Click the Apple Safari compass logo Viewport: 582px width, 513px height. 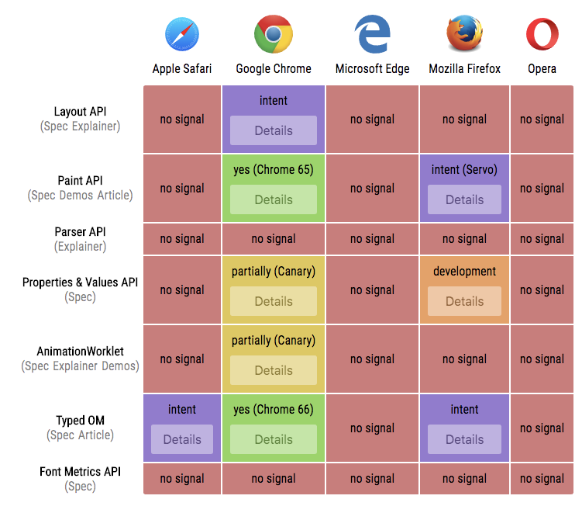pyautogui.click(x=182, y=35)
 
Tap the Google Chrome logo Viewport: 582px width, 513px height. pyautogui.click(x=273, y=34)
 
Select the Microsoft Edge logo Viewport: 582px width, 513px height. pyautogui.click(x=372, y=35)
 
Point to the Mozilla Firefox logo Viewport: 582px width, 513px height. pyautogui.click(x=464, y=34)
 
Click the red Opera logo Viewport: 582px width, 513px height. pyautogui.click(x=542, y=35)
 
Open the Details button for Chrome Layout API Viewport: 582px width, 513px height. pyautogui.click(x=274, y=130)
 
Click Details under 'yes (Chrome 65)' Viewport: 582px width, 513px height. pyautogui.click(x=274, y=199)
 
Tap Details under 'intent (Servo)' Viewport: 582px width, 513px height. pyautogui.click(x=464, y=199)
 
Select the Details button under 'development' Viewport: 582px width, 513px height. pyautogui.click(x=464, y=301)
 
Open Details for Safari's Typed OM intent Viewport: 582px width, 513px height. pyautogui.click(x=182, y=439)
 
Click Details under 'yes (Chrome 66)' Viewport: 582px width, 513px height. pyautogui.click(x=274, y=439)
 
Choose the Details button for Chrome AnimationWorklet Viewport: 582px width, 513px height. pyautogui.click(x=274, y=370)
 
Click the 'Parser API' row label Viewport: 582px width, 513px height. pyautogui.click(x=80, y=231)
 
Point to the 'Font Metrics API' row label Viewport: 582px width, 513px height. pyautogui.click(x=80, y=471)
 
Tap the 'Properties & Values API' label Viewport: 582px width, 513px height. pyautogui.click(x=80, y=282)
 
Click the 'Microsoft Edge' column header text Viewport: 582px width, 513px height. pyautogui.click(x=372, y=68)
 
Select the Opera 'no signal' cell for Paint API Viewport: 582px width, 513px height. pyautogui.click(x=542, y=188)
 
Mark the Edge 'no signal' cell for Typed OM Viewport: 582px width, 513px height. pyautogui.click(x=372, y=428)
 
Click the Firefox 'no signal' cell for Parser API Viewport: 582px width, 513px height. pyautogui.click(x=464, y=239)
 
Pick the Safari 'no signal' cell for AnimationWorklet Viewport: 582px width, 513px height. pyautogui.click(x=182, y=359)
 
